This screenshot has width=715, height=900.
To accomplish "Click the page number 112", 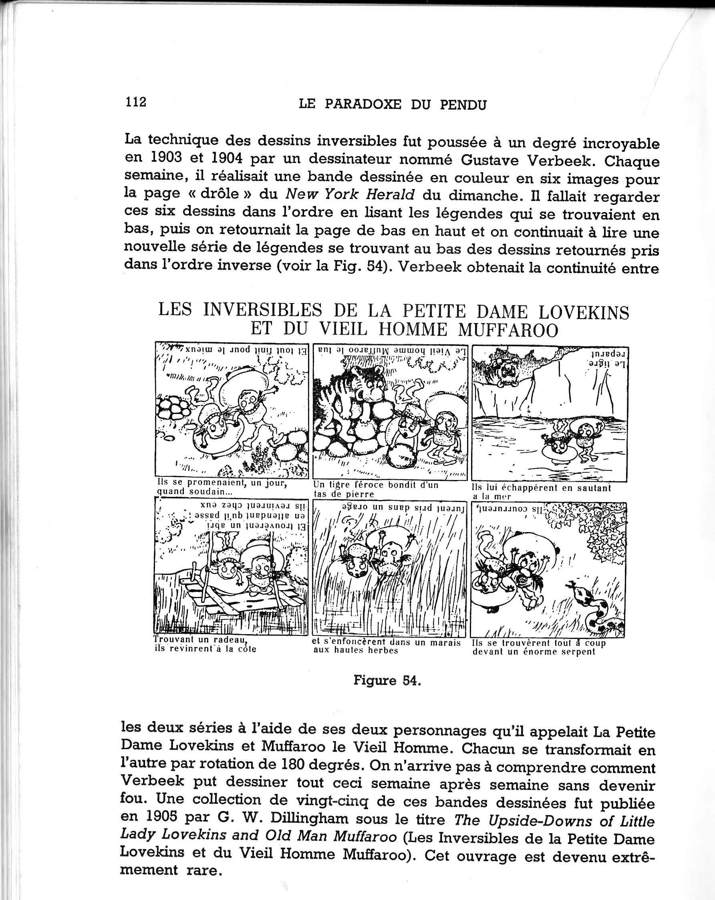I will click(x=136, y=101).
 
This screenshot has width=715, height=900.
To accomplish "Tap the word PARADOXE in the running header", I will click(x=363, y=104).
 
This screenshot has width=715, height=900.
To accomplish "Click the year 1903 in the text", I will click(x=166, y=157).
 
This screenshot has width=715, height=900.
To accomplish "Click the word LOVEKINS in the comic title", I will click(x=584, y=313).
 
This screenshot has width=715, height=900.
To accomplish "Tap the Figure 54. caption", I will click(x=387, y=681).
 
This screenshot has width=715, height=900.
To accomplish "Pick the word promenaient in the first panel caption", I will click(x=215, y=483).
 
